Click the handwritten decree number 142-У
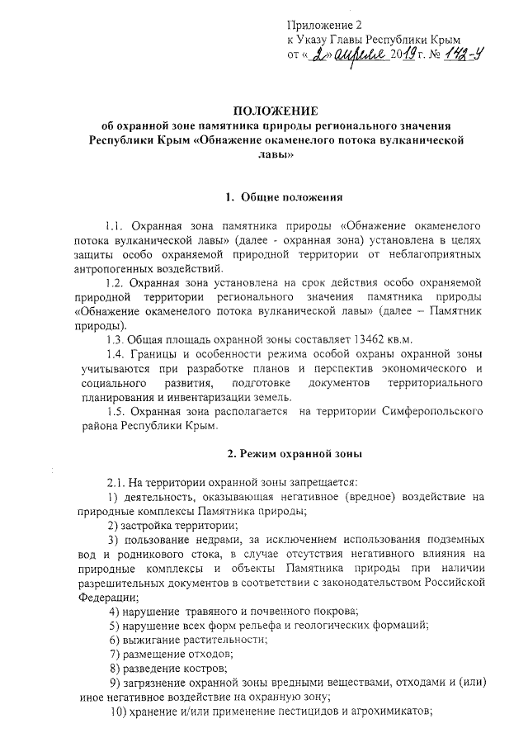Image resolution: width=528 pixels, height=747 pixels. (452, 56)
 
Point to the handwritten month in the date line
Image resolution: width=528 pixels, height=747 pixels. (361, 56)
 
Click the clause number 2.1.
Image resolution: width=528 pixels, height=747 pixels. (117, 481)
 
